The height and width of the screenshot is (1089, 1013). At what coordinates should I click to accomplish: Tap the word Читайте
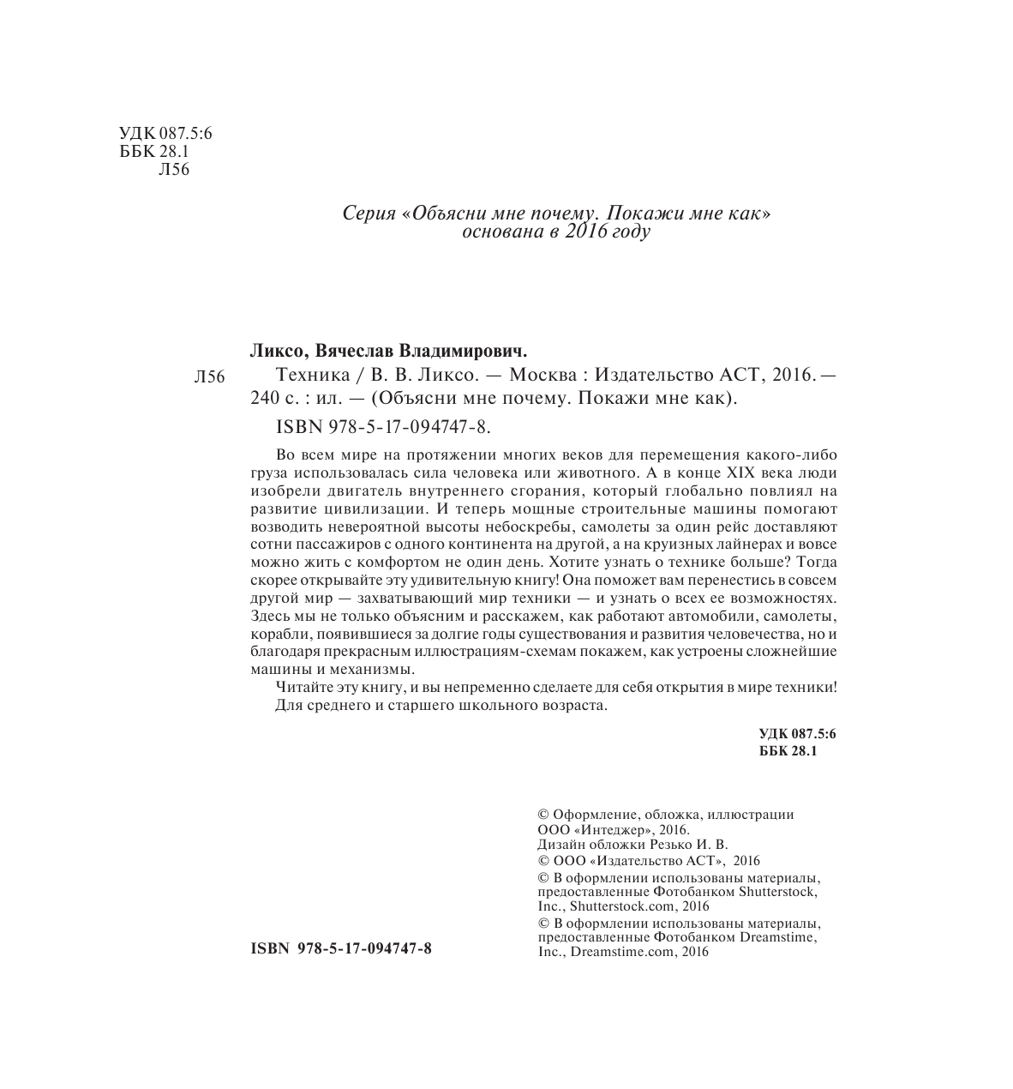[302, 688]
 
